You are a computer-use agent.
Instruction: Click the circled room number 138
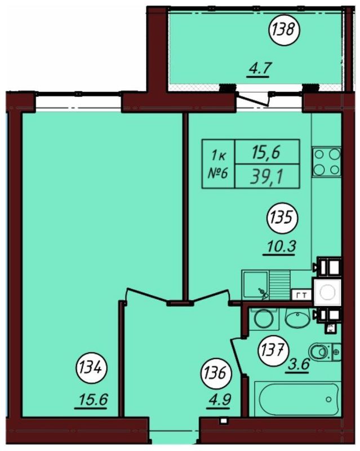coord(284,29)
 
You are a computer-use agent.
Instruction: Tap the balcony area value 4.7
coord(259,69)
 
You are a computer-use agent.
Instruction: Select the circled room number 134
coord(91,368)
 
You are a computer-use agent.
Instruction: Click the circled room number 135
coord(283,218)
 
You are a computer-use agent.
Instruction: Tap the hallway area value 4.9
coord(219,400)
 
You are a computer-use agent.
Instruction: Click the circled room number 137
coord(273,351)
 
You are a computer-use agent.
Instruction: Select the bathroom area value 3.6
coord(298,365)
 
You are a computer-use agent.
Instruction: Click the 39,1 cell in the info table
coord(267,176)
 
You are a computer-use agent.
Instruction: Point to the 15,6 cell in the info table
coord(267,152)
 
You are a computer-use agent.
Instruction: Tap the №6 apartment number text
coord(217,174)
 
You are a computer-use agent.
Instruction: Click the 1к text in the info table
coord(219,156)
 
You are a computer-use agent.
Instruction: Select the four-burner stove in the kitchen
coord(327,162)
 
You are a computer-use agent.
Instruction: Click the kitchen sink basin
coord(255,285)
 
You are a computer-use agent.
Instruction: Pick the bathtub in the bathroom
coord(298,399)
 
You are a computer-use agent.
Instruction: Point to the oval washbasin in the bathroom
coord(297,318)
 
